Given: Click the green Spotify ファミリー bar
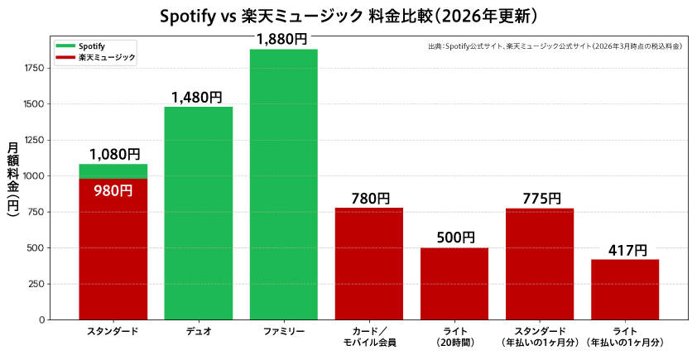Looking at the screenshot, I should [x=283, y=184].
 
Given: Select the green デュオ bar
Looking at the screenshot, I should [x=198, y=213].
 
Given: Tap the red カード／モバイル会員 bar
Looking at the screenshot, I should [x=368, y=263].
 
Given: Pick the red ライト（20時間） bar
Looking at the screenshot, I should [x=454, y=283].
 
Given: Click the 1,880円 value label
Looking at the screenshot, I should [x=281, y=39].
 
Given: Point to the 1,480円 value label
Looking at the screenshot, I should [x=197, y=98].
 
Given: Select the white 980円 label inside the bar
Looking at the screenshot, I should [x=113, y=190].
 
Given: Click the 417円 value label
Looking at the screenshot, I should [x=624, y=250].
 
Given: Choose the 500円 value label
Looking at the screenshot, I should [x=455, y=238].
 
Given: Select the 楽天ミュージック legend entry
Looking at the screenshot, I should [x=96, y=57].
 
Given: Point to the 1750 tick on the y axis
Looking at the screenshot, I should [x=34, y=68].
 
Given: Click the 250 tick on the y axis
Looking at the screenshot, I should [x=37, y=284].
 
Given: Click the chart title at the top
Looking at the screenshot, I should [x=348, y=16].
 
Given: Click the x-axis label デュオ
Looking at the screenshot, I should [x=198, y=332].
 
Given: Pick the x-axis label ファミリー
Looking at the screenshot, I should [x=283, y=332].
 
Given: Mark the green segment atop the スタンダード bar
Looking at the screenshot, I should [x=113, y=171].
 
